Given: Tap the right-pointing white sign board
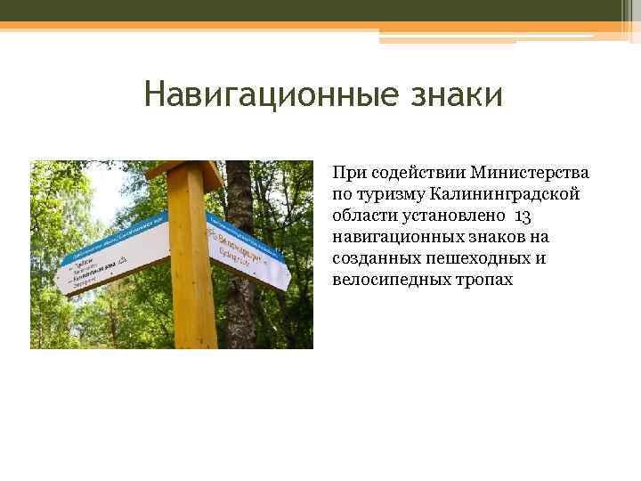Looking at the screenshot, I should point(249,255).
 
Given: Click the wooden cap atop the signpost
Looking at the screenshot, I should point(184,168).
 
